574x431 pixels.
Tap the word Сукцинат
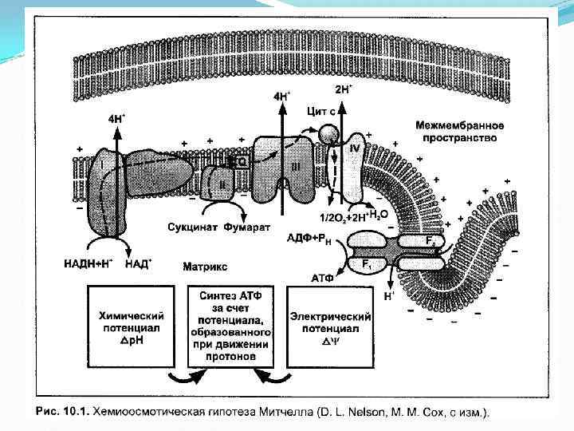pyautogui.click(x=190, y=228)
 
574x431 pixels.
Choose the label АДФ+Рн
pyautogui.click(x=314, y=236)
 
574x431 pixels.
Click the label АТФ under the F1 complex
pyautogui.click(x=323, y=278)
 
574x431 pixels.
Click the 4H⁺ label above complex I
pyautogui.click(x=116, y=118)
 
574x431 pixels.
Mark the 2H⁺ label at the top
pyautogui.click(x=342, y=89)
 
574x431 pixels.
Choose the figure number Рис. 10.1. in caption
pyautogui.click(x=63, y=412)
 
